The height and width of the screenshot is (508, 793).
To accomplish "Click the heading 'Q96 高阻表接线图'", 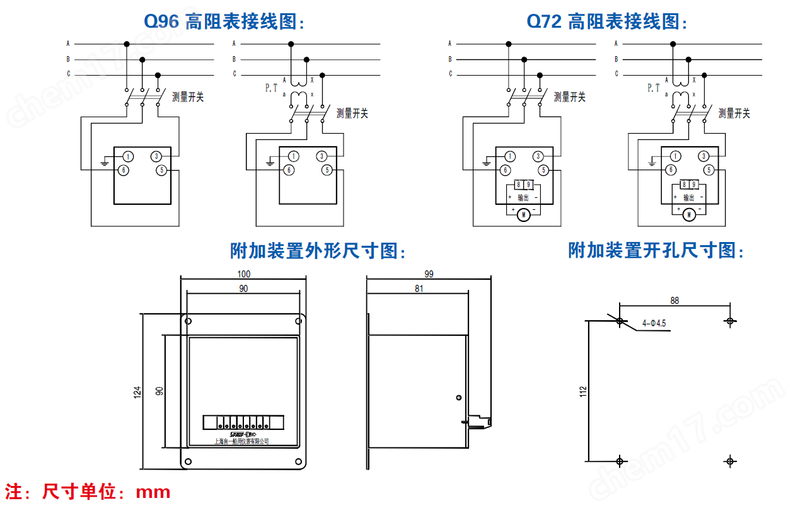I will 224,22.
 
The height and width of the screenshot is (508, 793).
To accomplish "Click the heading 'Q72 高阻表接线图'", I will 606,22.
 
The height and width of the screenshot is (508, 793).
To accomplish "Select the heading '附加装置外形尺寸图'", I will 318,251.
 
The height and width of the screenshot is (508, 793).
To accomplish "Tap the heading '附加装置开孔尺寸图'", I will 656,251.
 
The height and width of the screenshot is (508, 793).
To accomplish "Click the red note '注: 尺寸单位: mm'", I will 88,492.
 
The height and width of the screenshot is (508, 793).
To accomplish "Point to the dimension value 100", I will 243,274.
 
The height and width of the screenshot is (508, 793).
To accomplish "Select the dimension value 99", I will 429,274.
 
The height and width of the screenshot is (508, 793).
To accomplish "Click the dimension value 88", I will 674,301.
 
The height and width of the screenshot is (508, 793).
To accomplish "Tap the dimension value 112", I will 582,391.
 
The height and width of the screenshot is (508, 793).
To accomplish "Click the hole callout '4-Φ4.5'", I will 654,323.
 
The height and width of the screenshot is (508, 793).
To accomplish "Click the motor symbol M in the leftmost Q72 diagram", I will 523,216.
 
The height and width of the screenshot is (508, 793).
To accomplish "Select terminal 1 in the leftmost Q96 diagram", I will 127,156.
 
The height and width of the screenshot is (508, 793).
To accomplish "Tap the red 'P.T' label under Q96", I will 271,89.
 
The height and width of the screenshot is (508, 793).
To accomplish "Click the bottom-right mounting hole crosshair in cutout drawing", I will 730,461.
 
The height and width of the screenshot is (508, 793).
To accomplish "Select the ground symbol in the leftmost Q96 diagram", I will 104,163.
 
